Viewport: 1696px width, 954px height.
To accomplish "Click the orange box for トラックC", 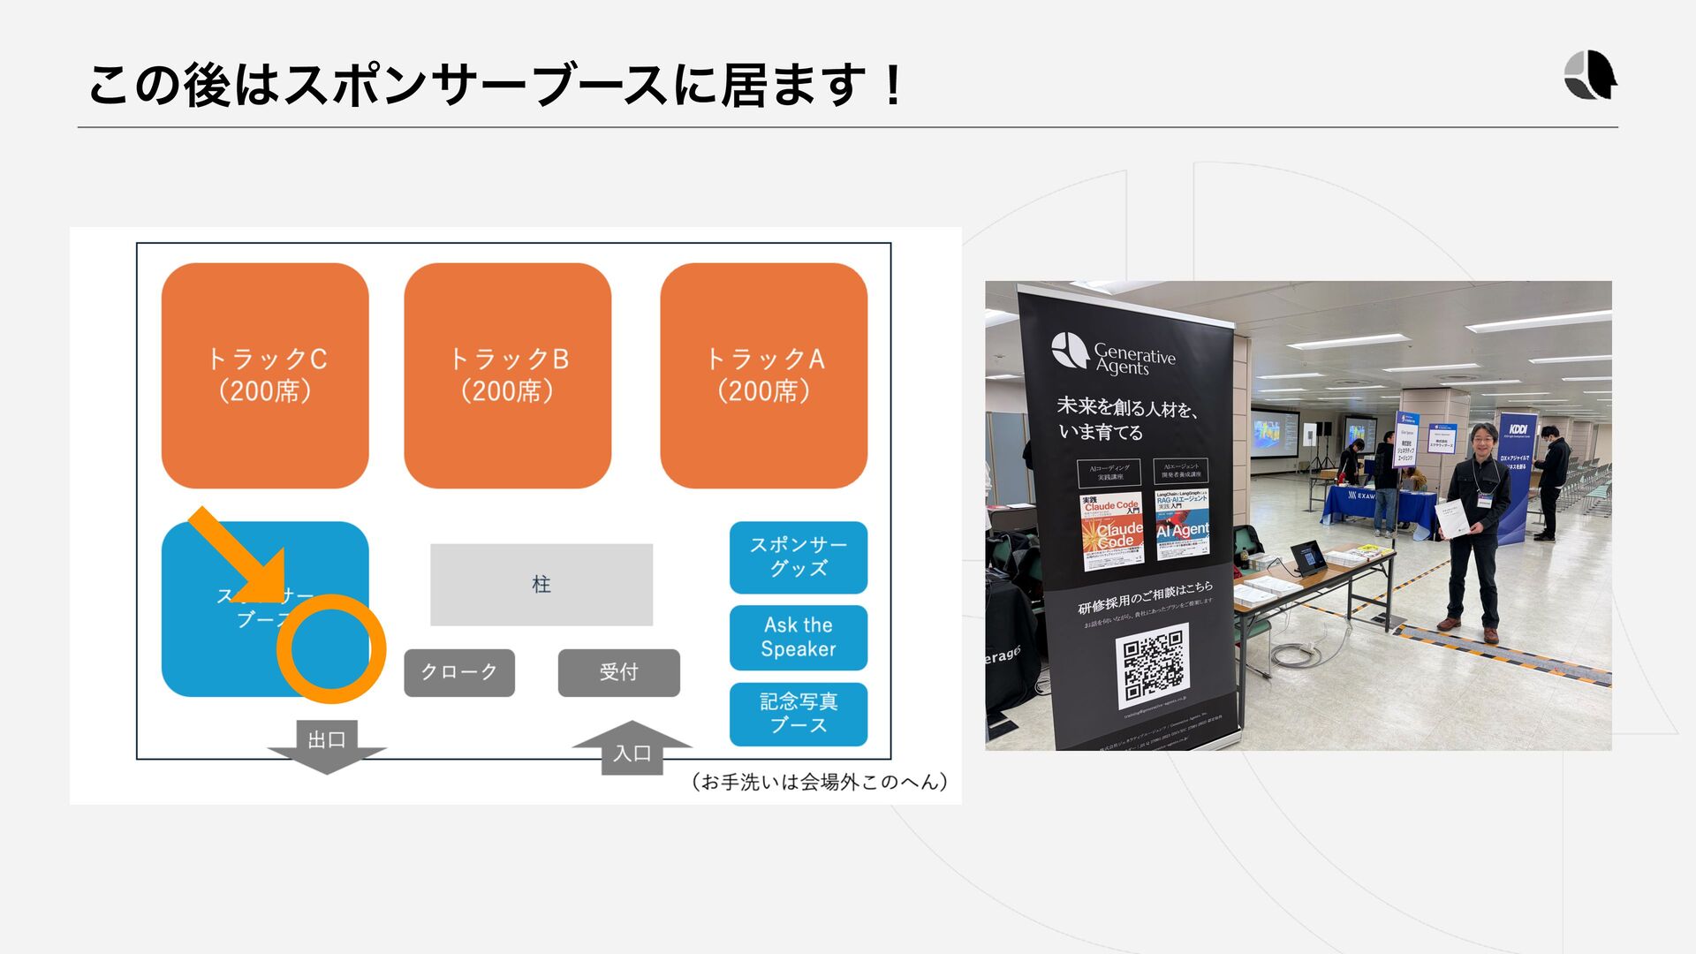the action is tap(265, 375).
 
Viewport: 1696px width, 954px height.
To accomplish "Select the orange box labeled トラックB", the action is tap(507, 375).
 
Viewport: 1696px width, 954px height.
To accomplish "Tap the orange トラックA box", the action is tap(763, 375).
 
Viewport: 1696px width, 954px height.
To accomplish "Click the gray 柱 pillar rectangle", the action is tap(541, 584).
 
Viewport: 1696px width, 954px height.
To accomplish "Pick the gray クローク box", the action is tap(458, 672).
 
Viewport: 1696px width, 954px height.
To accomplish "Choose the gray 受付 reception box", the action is tap(618, 672).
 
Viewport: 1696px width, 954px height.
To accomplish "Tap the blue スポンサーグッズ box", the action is tap(798, 557).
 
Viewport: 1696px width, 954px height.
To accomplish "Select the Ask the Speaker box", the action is tap(798, 637).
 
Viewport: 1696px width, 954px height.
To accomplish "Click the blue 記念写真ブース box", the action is tap(798, 713).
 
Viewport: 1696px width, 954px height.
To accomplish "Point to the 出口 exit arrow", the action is tap(327, 746).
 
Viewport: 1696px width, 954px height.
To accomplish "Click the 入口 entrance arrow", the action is tap(632, 749).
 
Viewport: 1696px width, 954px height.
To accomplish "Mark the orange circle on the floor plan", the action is tap(331, 648).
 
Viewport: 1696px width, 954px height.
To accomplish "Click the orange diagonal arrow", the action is tap(240, 556).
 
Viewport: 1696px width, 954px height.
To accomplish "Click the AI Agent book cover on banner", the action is tap(1182, 525).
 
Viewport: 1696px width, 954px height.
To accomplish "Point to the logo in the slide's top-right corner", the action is tap(1590, 75).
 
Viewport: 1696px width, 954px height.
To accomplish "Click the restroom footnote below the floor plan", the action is tap(819, 782).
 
